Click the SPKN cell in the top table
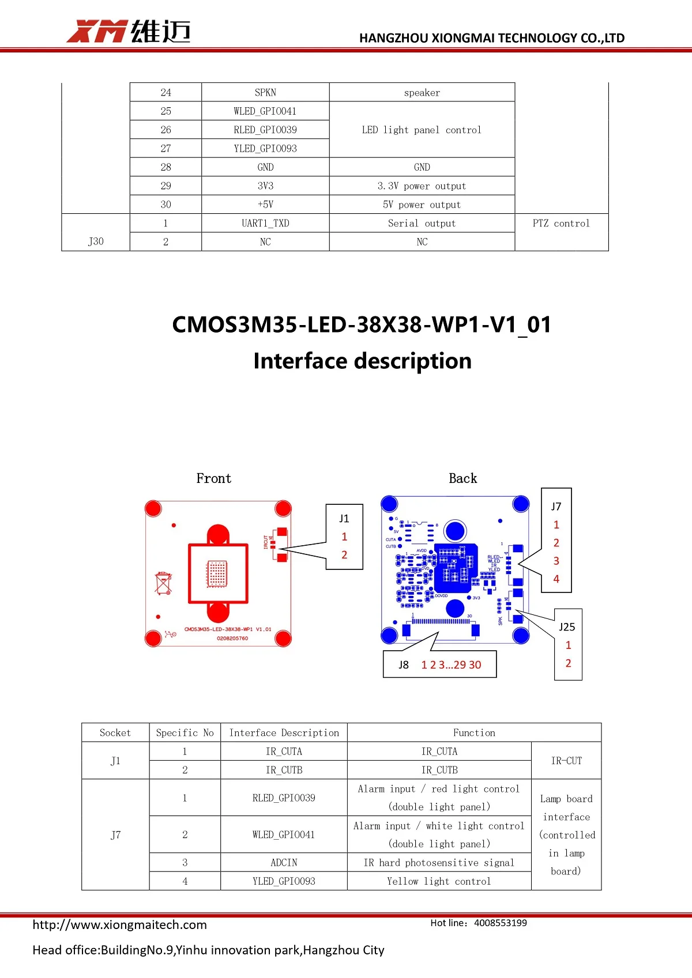point(265,92)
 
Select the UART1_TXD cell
point(265,223)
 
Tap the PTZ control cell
point(561,223)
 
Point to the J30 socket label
point(96,241)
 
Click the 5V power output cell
point(422,205)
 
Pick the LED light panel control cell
point(422,130)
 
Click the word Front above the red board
point(213,478)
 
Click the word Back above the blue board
point(462,478)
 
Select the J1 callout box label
point(344,518)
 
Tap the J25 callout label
point(567,627)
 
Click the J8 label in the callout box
point(404,665)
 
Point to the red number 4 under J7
point(556,579)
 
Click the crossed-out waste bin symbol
point(164,583)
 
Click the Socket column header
point(115,732)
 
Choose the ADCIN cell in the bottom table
point(284,863)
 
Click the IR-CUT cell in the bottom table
point(566,761)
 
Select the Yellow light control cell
point(439,881)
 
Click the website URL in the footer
point(119,924)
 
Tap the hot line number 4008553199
point(500,923)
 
